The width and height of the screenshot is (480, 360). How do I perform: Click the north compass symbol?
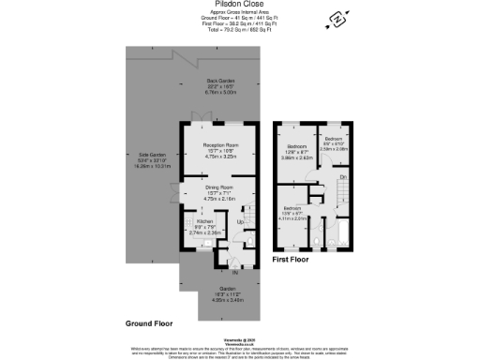click(x=336, y=20)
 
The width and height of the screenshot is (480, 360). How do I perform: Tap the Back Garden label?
click(x=221, y=81)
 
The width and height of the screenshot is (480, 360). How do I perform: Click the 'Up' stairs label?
click(x=240, y=222)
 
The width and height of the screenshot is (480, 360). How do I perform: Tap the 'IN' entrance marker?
click(x=222, y=271)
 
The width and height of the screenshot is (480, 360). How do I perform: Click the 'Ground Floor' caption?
click(x=149, y=322)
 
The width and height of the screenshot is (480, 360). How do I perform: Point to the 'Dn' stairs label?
click(x=343, y=176)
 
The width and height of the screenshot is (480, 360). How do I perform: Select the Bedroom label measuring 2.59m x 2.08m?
click(x=335, y=141)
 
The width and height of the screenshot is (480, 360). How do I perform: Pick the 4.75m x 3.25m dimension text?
click(x=222, y=157)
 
